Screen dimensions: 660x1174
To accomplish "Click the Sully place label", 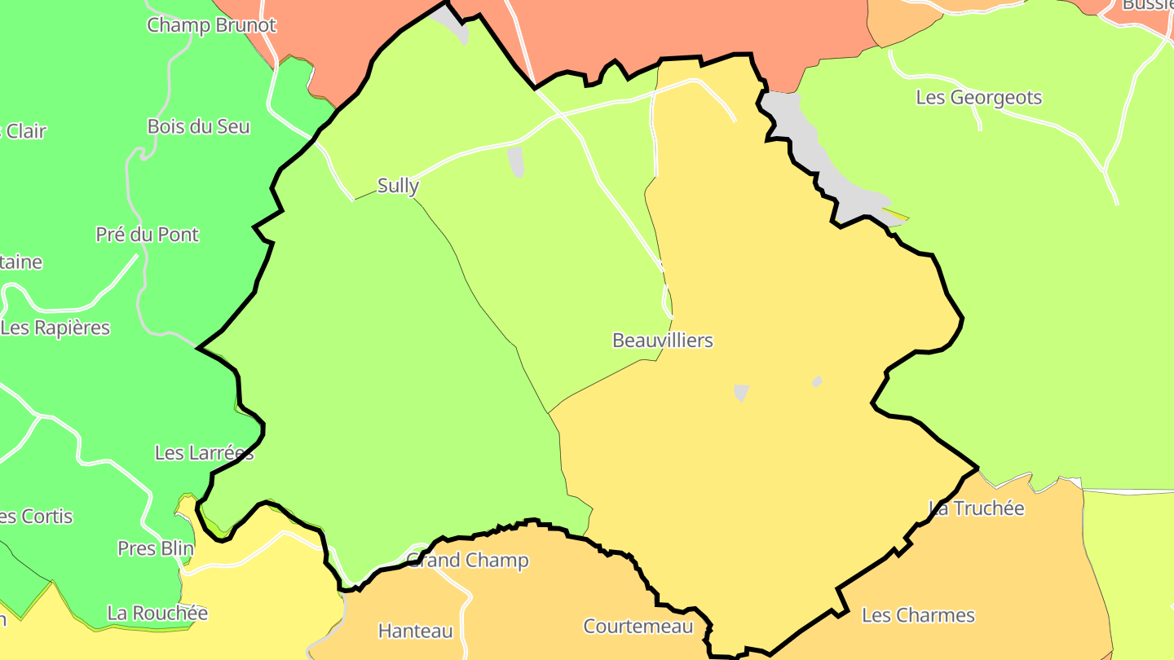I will [x=398, y=186].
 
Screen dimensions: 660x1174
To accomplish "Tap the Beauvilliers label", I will [x=662, y=341].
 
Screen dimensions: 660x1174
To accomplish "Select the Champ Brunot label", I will [x=211, y=25].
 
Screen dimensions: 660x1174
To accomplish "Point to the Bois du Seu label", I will [x=198, y=127].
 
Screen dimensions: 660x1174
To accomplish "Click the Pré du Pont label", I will [x=147, y=235].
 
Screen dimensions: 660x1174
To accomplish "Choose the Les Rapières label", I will [x=55, y=328].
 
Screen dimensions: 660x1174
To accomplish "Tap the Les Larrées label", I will [x=204, y=453].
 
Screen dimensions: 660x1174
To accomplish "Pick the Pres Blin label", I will [x=156, y=548].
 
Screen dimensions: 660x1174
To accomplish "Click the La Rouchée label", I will [x=157, y=613].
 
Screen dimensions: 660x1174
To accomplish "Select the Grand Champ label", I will [x=467, y=561].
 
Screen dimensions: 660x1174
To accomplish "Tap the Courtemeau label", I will [x=638, y=627].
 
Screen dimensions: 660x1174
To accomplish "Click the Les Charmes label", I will [x=918, y=615].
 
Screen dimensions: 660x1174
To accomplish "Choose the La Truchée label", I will [x=976, y=508].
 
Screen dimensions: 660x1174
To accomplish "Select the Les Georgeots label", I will [x=978, y=98].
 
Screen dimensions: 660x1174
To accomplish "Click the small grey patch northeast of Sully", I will [x=515, y=161].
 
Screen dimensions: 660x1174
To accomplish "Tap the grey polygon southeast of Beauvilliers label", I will [x=741, y=393].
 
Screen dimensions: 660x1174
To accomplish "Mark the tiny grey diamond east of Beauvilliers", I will [x=817, y=381].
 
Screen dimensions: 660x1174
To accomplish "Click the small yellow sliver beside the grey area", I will [x=895, y=216].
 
